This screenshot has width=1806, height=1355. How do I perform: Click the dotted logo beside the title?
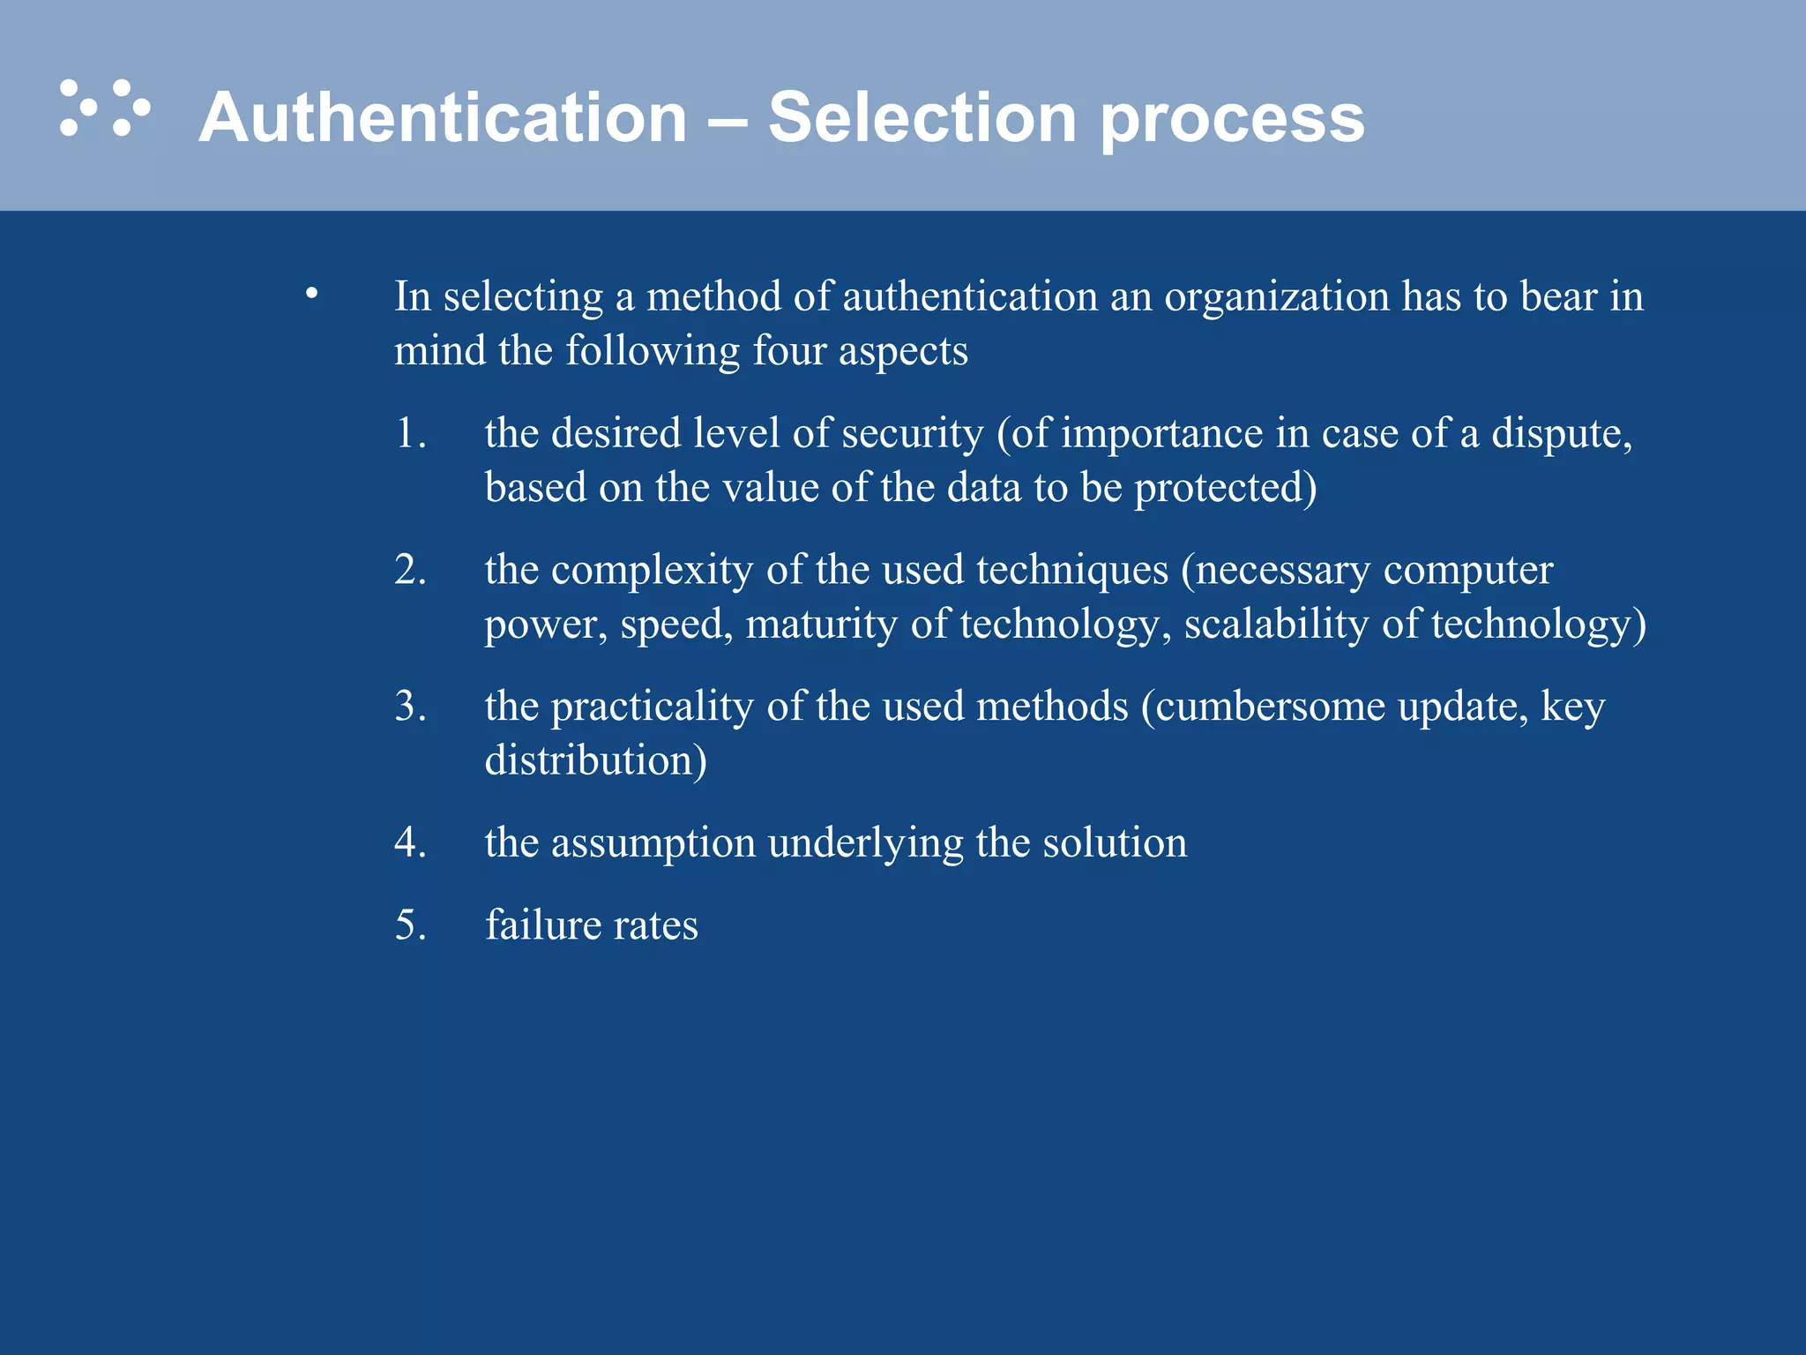tap(105, 109)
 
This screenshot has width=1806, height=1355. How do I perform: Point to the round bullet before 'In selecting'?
tap(311, 293)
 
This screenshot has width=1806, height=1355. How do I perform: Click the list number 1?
tap(410, 433)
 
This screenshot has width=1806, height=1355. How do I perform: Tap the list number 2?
tap(410, 570)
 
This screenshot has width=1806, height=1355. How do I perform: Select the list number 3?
tap(410, 707)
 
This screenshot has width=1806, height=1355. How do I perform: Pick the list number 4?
tap(410, 842)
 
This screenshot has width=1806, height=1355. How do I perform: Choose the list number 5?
tap(410, 925)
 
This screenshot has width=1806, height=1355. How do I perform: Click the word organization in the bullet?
tap(1277, 297)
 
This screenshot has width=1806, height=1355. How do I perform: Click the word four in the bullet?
tap(788, 351)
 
